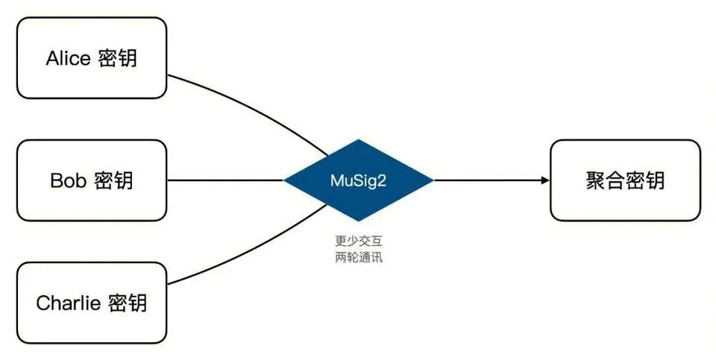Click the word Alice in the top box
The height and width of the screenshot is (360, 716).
68,58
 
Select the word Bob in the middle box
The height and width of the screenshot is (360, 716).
69,180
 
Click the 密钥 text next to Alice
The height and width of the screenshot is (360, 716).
117,58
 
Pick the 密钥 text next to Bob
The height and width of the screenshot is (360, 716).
113,180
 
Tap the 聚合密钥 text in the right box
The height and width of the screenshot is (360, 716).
625,180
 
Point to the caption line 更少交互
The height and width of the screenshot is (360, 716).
358,241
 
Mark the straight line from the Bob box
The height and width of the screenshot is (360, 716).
224,180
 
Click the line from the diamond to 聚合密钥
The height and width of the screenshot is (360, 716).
485,180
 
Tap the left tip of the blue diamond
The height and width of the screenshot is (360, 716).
285,180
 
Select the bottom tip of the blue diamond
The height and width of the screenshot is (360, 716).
359,221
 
